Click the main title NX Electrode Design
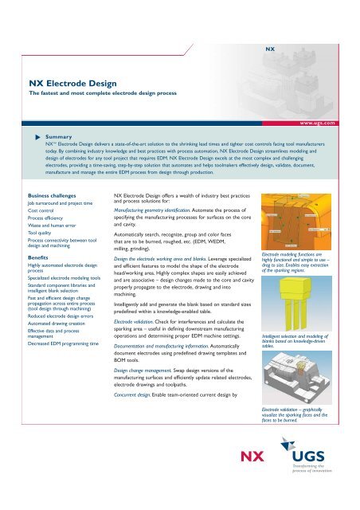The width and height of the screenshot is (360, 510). click(72, 82)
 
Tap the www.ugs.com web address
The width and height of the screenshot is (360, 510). click(320, 124)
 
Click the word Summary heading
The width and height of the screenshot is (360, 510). click(60, 136)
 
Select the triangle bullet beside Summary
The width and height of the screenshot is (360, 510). click(36, 136)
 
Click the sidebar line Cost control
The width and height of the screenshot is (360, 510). click(43, 209)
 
